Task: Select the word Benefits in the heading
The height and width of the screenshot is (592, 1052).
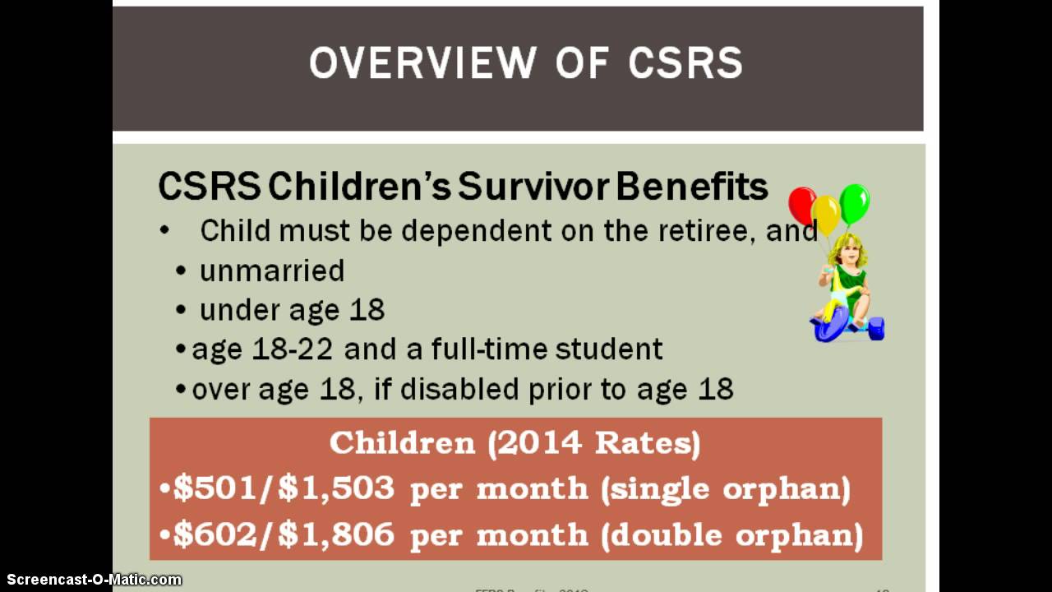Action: pos(691,187)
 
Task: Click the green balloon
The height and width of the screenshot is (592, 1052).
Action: pos(855,201)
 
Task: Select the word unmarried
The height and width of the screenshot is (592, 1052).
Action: pos(272,271)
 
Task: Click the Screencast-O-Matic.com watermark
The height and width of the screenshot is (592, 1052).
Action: pos(91,580)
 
